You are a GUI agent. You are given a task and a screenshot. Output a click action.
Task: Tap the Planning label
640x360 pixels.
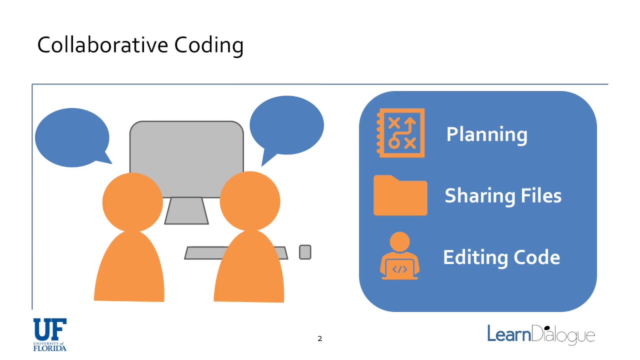pos(486,134)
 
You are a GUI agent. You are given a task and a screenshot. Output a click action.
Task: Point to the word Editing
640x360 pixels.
pos(472,257)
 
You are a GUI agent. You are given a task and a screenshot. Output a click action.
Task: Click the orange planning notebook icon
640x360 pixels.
pos(401,133)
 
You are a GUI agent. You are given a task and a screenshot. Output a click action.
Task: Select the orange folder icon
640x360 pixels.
pos(400,196)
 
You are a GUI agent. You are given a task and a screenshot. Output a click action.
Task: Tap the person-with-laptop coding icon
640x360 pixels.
pos(399,256)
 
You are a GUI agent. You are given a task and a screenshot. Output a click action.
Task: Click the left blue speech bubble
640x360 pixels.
pos(71,137)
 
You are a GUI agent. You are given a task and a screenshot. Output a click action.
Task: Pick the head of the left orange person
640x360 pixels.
pos(132,202)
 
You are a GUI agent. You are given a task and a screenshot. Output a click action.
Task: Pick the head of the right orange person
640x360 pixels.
pos(250,201)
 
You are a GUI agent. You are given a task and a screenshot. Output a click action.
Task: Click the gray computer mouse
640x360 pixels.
pos(305,252)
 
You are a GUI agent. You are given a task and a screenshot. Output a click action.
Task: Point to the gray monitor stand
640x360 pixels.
pos(186,210)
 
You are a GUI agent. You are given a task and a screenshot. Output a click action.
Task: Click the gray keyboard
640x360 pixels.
pos(200,253)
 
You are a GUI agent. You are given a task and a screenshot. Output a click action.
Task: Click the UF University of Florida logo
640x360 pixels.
pos(49,334)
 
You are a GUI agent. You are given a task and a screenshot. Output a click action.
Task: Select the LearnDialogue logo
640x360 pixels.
pos(541,334)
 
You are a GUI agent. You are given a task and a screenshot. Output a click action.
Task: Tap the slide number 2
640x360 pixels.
pos(320,339)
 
